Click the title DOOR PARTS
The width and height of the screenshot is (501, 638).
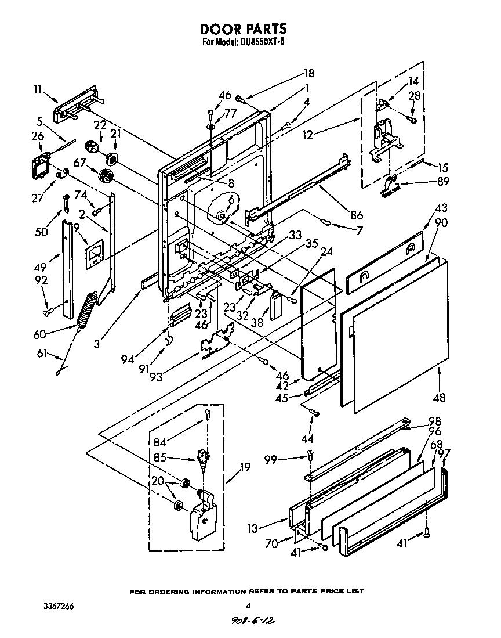click(x=243, y=28)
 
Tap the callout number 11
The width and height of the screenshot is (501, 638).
click(x=38, y=89)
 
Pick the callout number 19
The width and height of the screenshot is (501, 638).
click(x=245, y=466)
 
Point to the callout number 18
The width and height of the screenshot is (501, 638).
click(x=308, y=73)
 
